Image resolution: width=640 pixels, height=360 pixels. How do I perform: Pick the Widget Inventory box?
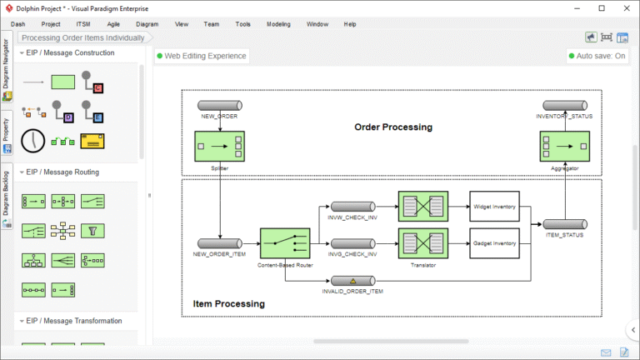point(494,206)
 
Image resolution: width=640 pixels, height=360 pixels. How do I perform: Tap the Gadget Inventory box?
point(494,242)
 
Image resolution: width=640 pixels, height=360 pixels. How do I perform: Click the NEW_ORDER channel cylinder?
point(219,106)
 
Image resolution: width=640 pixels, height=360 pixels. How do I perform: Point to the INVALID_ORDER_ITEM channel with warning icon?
point(352,281)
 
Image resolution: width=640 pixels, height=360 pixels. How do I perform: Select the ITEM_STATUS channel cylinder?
point(564,224)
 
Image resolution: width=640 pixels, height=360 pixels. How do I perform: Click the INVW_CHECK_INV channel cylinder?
point(352,207)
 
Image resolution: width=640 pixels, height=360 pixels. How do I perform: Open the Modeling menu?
point(278,24)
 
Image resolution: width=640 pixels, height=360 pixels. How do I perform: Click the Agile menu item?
point(112,24)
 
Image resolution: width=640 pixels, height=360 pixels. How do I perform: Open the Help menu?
point(350,24)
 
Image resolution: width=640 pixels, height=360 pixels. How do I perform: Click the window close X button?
point(625,8)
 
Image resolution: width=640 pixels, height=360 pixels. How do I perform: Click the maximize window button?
point(602,8)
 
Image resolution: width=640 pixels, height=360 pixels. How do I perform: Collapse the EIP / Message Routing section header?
point(62,172)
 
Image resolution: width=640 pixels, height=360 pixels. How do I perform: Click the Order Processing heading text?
point(393,127)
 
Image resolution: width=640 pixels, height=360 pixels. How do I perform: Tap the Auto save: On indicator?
point(597,56)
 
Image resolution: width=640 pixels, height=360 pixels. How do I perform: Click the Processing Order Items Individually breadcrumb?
point(82,37)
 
